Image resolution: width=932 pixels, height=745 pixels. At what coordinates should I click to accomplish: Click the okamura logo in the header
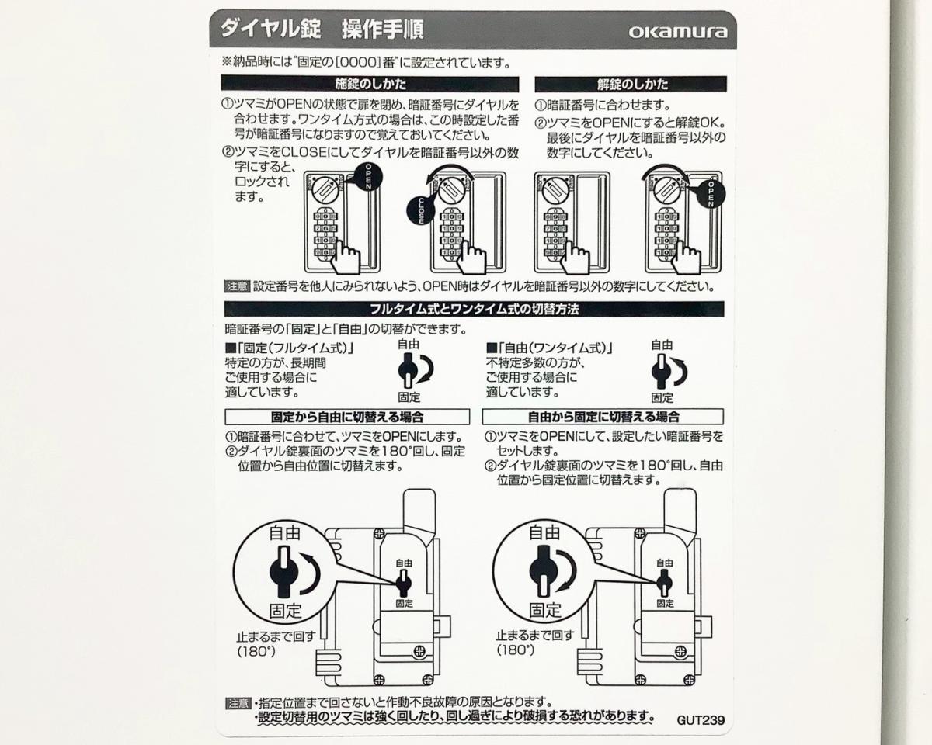pyautogui.click(x=678, y=33)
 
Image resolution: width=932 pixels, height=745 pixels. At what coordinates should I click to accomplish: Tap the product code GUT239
pyautogui.click(x=701, y=720)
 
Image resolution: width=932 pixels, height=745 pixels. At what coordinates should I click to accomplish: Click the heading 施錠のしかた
pyautogui.click(x=370, y=84)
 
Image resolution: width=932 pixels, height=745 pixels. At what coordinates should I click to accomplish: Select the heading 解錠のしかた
pyautogui.click(x=632, y=84)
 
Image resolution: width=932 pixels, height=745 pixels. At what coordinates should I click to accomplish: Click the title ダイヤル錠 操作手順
pyautogui.click(x=322, y=29)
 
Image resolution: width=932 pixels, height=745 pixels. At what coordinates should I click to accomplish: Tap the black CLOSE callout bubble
pyautogui.click(x=419, y=211)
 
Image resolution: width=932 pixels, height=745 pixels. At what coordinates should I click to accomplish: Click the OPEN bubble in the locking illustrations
pyautogui.click(x=366, y=178)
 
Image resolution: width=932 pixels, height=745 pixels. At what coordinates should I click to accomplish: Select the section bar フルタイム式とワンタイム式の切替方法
pyautogui.click(x=475, y=309)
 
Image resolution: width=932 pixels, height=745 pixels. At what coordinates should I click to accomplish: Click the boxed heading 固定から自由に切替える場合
pyautogui.click(x=347, y=417)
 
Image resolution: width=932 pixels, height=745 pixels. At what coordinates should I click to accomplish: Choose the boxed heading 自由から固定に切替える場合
pyautogui.click(x=603, y=417)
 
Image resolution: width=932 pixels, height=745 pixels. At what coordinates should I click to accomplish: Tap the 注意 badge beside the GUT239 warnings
pyautogui.click(x=238, y=704)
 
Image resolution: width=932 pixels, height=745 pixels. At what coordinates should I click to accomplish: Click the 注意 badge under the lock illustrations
pyautogui.click(x=237, y=286)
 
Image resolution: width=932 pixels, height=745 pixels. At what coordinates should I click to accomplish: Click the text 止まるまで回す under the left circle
pyautogui.click(x=276, y=637)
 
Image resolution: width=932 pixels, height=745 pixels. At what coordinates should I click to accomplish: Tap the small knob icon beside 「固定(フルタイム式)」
pyautogui.click(x=407, y=370)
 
